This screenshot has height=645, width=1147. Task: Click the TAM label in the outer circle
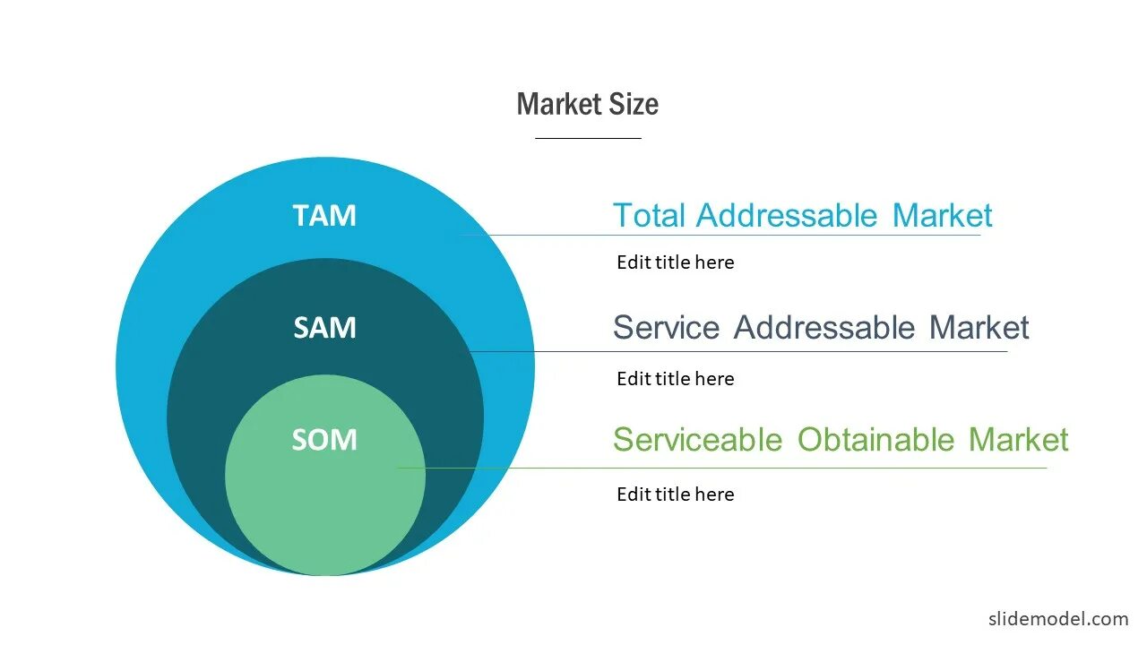[x=324, y=216]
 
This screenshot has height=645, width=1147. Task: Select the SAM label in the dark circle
[x=324, y=328]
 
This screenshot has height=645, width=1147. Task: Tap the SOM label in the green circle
[x=324, y=440]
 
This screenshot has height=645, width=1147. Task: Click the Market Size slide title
[x=587, y=105]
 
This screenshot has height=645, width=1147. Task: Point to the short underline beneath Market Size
[x=588, y=139]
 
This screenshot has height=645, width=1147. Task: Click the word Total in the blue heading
[x=649, y=216]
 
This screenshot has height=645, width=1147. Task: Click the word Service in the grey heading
[x=666, y=328]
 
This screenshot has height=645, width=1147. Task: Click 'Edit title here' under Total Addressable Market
[x=675, y=262]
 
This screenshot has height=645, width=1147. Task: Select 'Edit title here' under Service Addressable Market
[x=675, y=379]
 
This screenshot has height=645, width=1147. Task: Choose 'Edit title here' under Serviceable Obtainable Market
[x=675, y=494]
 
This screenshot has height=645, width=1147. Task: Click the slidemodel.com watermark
[x=1058, y=619]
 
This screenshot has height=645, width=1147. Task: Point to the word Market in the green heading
[x=1018, y=440]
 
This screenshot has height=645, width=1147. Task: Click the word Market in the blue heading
[x=942, y=216]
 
